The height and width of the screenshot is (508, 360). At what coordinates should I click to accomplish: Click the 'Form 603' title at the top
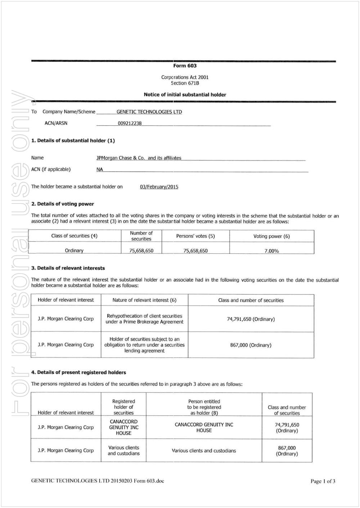tap(185, 66)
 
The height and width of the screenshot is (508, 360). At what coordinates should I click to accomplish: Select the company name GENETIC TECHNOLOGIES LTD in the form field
tap(149, 112)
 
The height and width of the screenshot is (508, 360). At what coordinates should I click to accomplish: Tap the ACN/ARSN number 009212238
tap(130, 123)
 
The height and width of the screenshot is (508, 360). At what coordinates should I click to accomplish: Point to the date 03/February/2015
tap(159, 187)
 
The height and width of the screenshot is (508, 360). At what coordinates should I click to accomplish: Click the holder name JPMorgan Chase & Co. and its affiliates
tap(139, 158)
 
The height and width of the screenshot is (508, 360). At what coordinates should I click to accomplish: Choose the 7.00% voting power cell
tap(271, 251)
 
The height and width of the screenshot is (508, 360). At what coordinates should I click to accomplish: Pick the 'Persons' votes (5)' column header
tap(195, 236)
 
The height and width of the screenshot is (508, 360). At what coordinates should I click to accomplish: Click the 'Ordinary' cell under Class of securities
tap(74, 251)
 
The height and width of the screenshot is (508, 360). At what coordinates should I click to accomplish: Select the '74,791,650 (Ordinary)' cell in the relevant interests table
tap(251, 319)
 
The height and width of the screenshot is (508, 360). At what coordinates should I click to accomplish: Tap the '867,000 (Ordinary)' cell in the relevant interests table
tap(251, 345)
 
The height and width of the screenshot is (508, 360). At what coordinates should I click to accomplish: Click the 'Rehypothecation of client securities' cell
tap(144, 319)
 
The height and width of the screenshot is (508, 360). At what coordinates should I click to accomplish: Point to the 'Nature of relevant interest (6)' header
tap(144, 300)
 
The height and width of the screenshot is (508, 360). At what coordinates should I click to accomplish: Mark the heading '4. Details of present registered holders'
tap(78, 372)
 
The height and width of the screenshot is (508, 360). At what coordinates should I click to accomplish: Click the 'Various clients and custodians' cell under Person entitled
tap(204, 450)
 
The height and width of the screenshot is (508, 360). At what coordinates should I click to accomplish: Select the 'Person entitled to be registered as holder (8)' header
tap(204, 407)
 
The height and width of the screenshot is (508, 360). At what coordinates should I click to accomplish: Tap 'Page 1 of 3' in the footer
tap(323, 481)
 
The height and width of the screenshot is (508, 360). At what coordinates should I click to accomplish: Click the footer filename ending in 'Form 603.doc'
tap(98, 481)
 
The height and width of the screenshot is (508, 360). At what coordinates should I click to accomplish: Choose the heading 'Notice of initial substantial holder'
tap(185, 95)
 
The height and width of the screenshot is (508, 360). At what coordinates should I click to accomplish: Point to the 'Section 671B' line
tap(185, 83)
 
